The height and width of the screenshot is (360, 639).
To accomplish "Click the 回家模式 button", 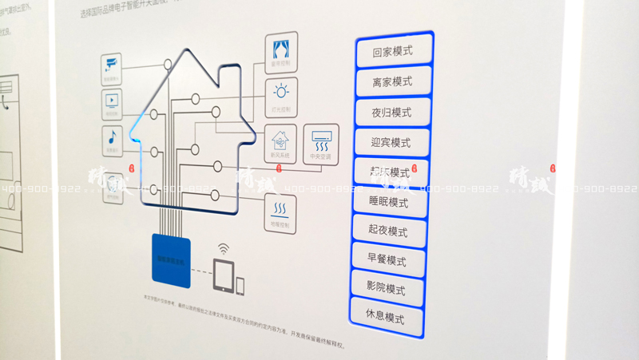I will click(x=392, y=53).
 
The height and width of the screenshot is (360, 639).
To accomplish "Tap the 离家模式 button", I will click(x=392, y=82).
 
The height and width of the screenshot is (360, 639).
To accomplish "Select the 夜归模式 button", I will click(x=392, y=113).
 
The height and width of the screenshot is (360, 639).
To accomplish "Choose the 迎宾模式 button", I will click(x=391, y=143).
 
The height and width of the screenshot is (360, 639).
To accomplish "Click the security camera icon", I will click(x=110, y=64).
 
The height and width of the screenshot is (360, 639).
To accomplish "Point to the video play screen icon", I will click(x=111, y=100).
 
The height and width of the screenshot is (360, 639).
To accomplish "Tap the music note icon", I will click(x=113, y=136).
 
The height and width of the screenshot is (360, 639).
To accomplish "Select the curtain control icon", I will click(x=282, y=45).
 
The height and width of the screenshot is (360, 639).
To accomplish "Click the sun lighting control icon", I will click(x=282, y=90).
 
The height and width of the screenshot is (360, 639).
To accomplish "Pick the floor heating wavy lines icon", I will click(x=281, y=211).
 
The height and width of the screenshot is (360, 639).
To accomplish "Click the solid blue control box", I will click(x=171, y=259).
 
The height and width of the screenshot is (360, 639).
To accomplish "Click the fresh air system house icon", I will click(x=280, y=140).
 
